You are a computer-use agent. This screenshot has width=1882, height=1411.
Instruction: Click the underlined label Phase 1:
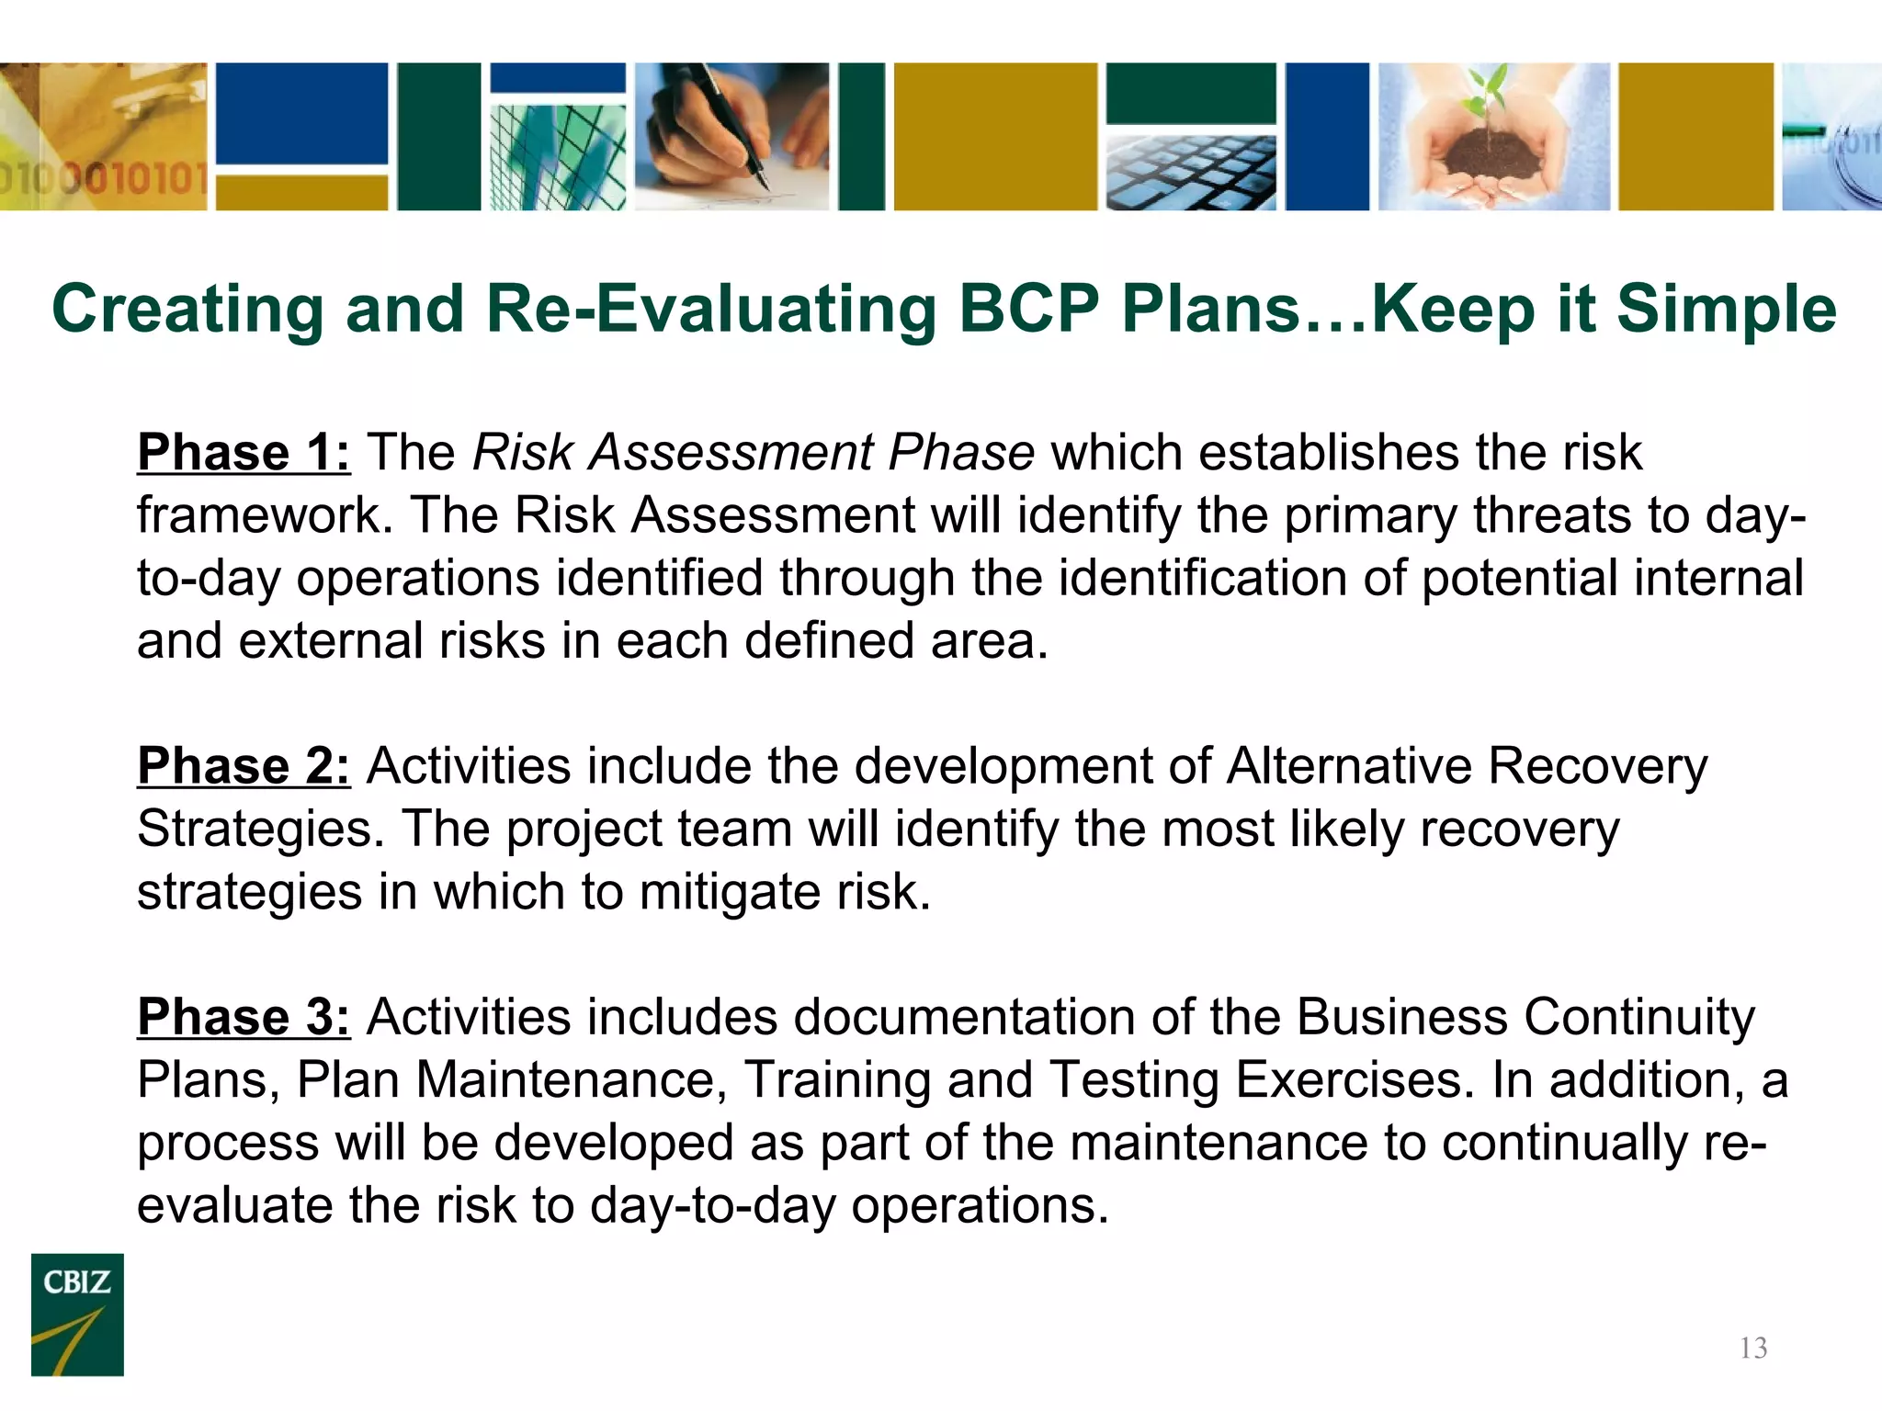click(244, 453)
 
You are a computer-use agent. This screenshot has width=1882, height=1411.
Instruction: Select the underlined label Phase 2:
click(244, 766)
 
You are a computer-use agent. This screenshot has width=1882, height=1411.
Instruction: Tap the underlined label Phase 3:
click(244, 1018)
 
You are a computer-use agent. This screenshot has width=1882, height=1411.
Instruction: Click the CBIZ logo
click(77, 1314)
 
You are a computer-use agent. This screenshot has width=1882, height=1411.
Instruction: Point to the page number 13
click(1753, 1348)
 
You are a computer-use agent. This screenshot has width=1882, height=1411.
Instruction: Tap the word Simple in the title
click(1726, 309)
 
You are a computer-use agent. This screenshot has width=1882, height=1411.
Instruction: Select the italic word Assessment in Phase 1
click(731, 453)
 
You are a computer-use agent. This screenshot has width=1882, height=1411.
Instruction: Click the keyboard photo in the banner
click(1190, 173)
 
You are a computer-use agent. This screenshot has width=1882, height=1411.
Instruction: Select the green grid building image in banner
click(557, 156)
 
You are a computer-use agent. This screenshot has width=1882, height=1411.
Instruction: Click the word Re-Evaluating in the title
click(710, 309)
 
